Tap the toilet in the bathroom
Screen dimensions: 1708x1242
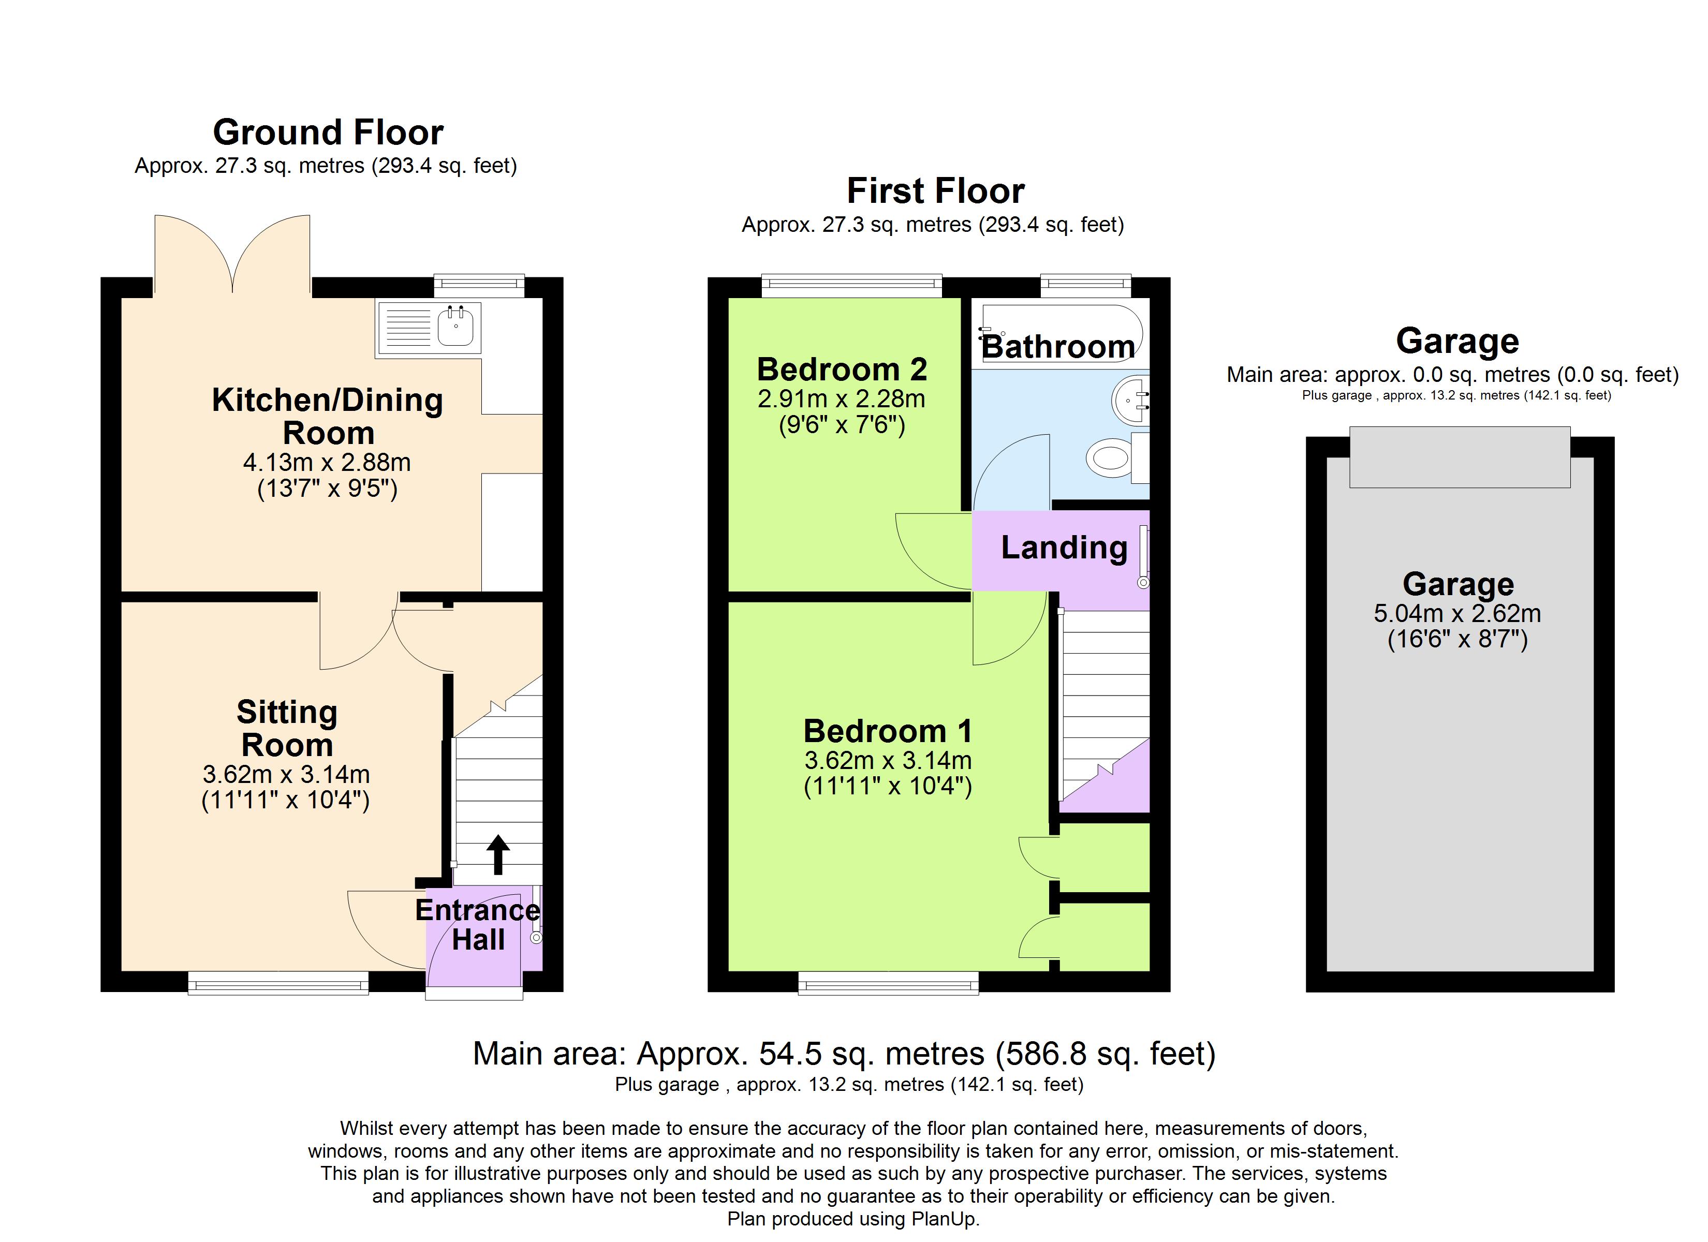(1117, 457)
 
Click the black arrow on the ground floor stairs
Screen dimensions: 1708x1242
(498, 854)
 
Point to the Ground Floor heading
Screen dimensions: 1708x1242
(328, 132)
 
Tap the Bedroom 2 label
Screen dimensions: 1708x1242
(842, 369)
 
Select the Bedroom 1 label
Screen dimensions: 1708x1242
(888, 731)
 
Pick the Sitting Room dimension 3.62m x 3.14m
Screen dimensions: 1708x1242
(286, 774)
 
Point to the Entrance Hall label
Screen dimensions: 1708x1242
(477, 925)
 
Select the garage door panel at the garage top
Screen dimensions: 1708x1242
(1460, 457)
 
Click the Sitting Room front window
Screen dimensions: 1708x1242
(278, 983)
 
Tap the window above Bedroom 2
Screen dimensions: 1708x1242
(852, 286)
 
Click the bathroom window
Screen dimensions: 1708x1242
(1086, 286)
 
